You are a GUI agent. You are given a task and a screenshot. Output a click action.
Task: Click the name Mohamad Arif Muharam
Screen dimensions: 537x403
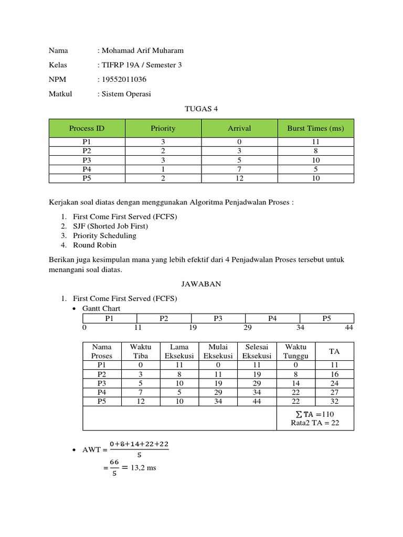click(143, 50)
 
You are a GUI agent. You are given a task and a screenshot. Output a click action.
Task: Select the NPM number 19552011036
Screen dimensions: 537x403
click(124, 80)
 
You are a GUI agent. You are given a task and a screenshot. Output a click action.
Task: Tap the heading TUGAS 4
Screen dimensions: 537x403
click(201, 109)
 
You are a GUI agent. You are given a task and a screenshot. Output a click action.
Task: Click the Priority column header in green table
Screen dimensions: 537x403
click(163, 128)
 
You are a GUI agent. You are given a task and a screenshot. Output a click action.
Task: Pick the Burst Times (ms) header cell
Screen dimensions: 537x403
click(315, 128)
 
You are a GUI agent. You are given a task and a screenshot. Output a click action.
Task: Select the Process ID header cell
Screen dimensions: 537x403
click(87, 128)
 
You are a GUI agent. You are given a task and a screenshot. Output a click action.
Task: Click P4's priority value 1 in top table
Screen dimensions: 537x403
click(163, 169)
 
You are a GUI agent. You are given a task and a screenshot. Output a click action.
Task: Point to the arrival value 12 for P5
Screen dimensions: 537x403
click(239, 178)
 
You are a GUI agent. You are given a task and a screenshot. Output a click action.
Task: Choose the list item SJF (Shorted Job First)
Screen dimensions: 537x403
click(111, 226)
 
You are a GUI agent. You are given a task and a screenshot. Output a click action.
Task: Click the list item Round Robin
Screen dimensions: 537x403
click(95, 245)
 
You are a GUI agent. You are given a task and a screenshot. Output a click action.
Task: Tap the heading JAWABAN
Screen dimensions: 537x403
click(201, 284)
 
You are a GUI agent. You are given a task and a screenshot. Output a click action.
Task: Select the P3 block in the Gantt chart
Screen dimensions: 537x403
click(218, 318)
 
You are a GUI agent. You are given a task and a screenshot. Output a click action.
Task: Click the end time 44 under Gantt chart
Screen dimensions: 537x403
click(349, 327)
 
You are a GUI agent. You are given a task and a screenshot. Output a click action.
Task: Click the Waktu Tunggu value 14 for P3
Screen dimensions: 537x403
click(295, 383)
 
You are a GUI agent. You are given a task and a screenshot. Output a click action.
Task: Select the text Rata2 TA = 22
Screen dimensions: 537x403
click(315, 423)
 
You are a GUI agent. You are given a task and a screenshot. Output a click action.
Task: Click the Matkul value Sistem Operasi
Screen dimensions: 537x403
click(126, 94)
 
